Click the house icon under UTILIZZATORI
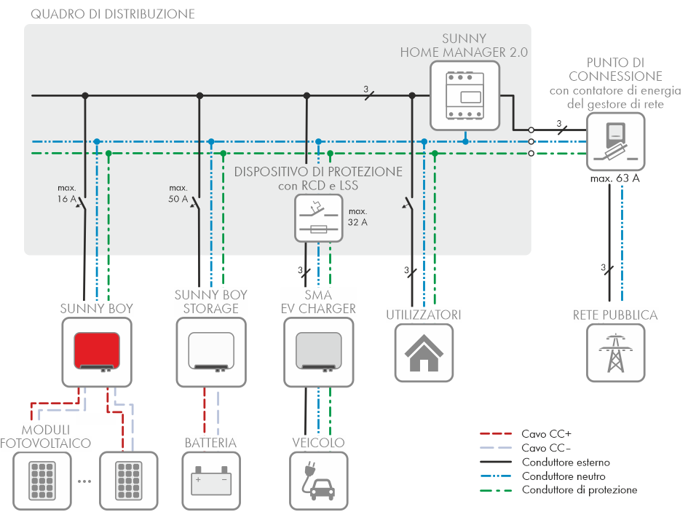coord(424,353)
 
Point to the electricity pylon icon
coord(616,353)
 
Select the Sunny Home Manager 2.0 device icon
coord(464,91)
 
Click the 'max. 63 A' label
coord(615,178)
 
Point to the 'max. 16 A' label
coord(66,193)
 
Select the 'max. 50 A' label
coord(178,193)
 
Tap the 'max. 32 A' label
coord(357,217)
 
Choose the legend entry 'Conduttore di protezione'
coord(579,490)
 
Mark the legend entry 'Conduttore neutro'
coord(563,476)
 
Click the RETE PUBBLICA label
coord(615,315)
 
